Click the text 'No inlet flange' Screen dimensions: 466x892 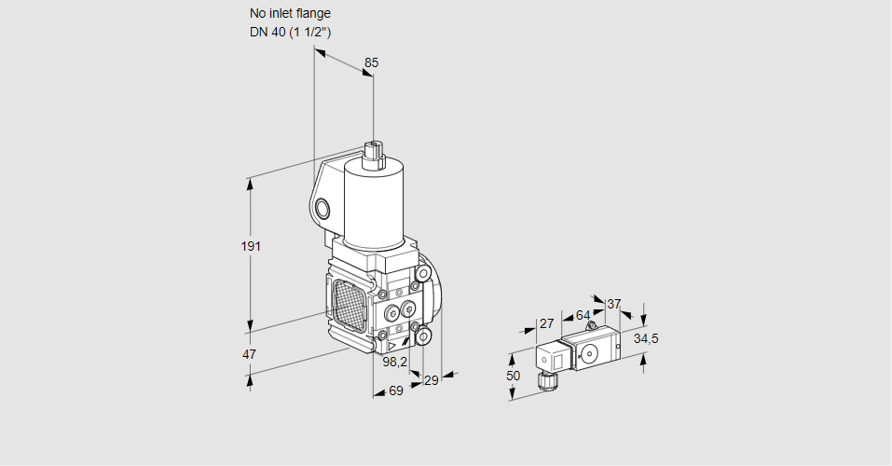290,14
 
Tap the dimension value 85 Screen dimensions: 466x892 371,62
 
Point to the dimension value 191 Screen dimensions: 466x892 251,246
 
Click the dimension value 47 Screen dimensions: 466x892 249,354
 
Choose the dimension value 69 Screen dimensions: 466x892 395,391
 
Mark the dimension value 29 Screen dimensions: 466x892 431,380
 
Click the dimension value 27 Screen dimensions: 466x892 547,323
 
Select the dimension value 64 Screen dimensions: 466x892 583,315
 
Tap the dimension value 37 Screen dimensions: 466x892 613,304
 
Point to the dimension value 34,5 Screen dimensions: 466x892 646,338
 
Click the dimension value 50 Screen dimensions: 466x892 514,375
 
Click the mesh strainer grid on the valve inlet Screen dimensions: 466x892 350,303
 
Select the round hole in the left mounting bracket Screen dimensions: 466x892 322,208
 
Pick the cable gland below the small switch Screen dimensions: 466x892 545,379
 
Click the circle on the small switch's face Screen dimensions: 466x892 588,353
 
